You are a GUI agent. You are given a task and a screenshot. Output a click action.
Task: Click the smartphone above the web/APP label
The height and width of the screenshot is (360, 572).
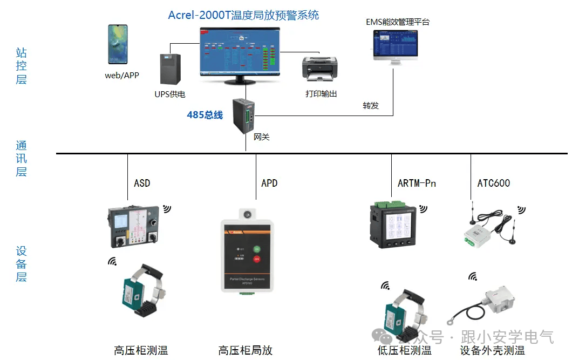[x=117, y=44]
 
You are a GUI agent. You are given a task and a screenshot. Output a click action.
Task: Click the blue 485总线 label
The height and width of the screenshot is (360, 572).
[x=205, y=115]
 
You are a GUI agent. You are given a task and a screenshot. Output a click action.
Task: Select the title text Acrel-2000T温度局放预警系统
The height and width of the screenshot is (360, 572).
[x=243, y=15]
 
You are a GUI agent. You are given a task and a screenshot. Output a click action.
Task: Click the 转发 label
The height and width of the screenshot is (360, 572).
[x=371, y=105]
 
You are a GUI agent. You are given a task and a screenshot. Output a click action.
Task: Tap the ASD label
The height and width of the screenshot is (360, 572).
[x=142, y=183]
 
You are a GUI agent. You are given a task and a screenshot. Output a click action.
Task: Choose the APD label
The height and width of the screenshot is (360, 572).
[x=269, y=183]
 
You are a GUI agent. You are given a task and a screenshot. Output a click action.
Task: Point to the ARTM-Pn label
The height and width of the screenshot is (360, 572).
[x=417, y=183]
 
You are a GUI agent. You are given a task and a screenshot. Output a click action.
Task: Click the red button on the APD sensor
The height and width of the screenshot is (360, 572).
[x=257, y=260]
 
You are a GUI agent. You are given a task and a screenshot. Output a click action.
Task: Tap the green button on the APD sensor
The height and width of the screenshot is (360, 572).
[x=257, y=249]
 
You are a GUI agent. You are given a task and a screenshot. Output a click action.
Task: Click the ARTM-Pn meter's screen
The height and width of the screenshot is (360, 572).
[x=399, y=226]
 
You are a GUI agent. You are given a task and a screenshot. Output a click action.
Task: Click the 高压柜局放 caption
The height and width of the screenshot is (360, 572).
[x=246, y=350]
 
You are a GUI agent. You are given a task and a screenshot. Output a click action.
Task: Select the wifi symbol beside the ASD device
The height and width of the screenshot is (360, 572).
[x=167, y=208]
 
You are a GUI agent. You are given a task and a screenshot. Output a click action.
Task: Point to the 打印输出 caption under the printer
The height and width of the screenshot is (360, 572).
[x=321, y=94]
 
